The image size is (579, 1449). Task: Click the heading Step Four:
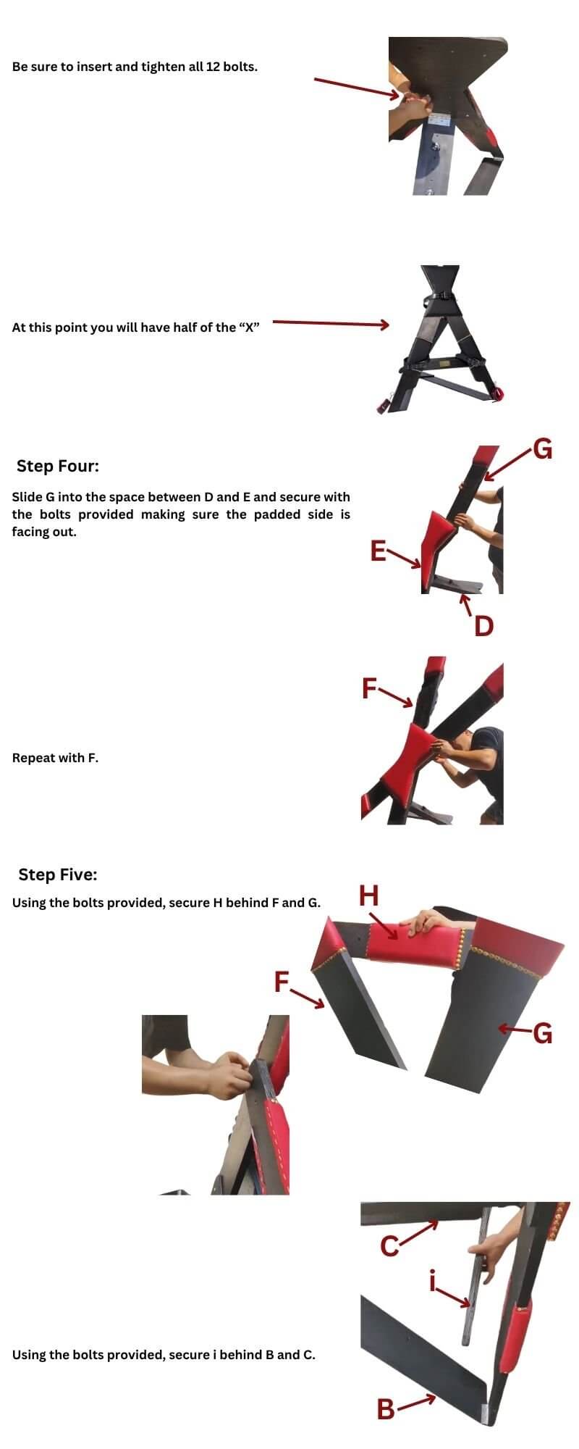point(58,466)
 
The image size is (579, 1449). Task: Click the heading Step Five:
point(58,874)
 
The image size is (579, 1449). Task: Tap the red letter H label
point(369,896)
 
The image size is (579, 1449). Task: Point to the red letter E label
point(377,551)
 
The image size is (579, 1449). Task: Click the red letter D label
point(483,625)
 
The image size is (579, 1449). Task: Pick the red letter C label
point(389,1246)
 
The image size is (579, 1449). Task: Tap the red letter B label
point(386,1409)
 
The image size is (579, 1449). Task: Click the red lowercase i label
point(433,1283)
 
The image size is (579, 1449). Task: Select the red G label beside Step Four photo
point(543,449)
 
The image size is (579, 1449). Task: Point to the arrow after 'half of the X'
point(331,324)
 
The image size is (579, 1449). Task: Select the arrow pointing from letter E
point(404,558)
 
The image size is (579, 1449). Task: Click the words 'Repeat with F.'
point(55,758)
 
